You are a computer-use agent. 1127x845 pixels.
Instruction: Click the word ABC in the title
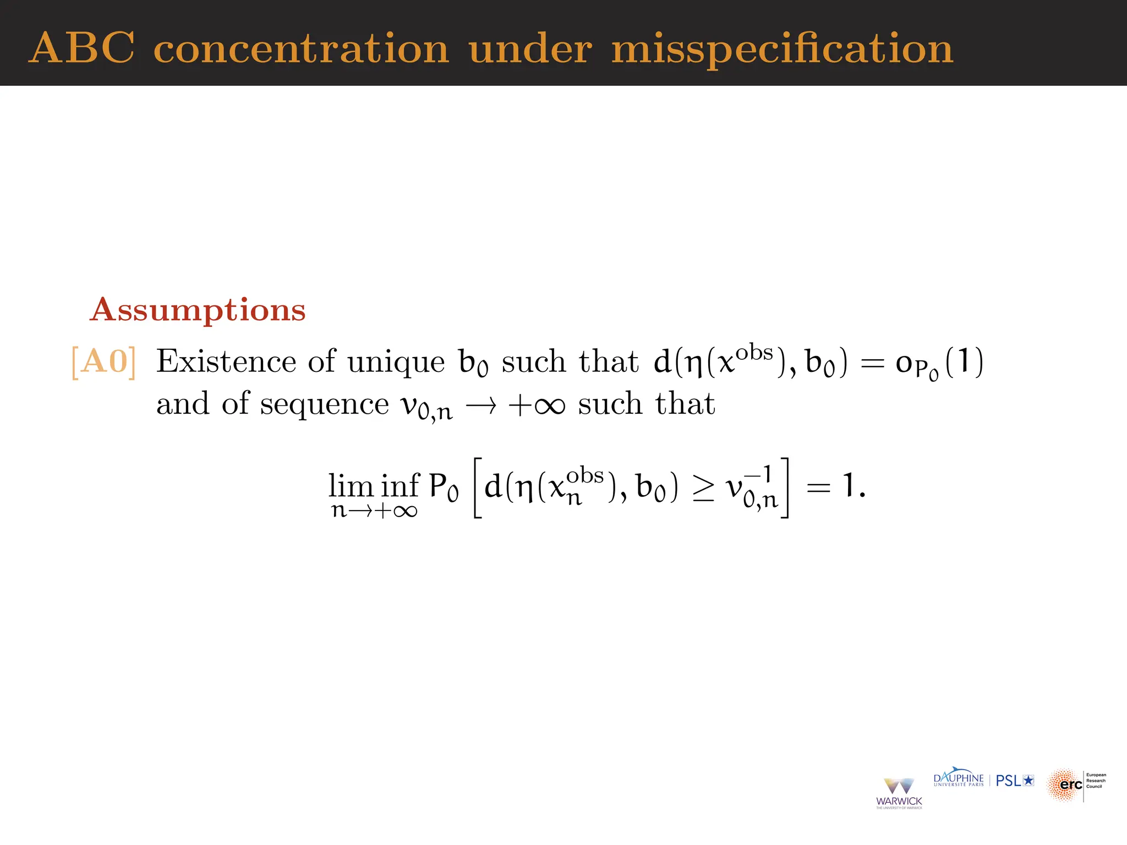(81, 48)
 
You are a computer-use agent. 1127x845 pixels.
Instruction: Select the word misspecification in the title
(782, 50)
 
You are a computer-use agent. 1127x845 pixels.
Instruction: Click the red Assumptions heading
(198, 310)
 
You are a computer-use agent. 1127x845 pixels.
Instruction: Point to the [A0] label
(103, 362)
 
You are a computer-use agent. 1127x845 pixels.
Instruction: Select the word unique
(396, 363)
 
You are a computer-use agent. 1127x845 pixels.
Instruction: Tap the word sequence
(324, 404)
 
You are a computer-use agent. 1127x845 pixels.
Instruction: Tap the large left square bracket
(478, 487)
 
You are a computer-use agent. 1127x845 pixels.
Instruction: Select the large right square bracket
(784, 487)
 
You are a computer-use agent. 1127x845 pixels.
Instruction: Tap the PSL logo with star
(1015, 781)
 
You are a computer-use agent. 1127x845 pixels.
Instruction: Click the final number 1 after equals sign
(849, 486)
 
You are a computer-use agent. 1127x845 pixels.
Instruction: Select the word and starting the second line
(182, 404)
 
